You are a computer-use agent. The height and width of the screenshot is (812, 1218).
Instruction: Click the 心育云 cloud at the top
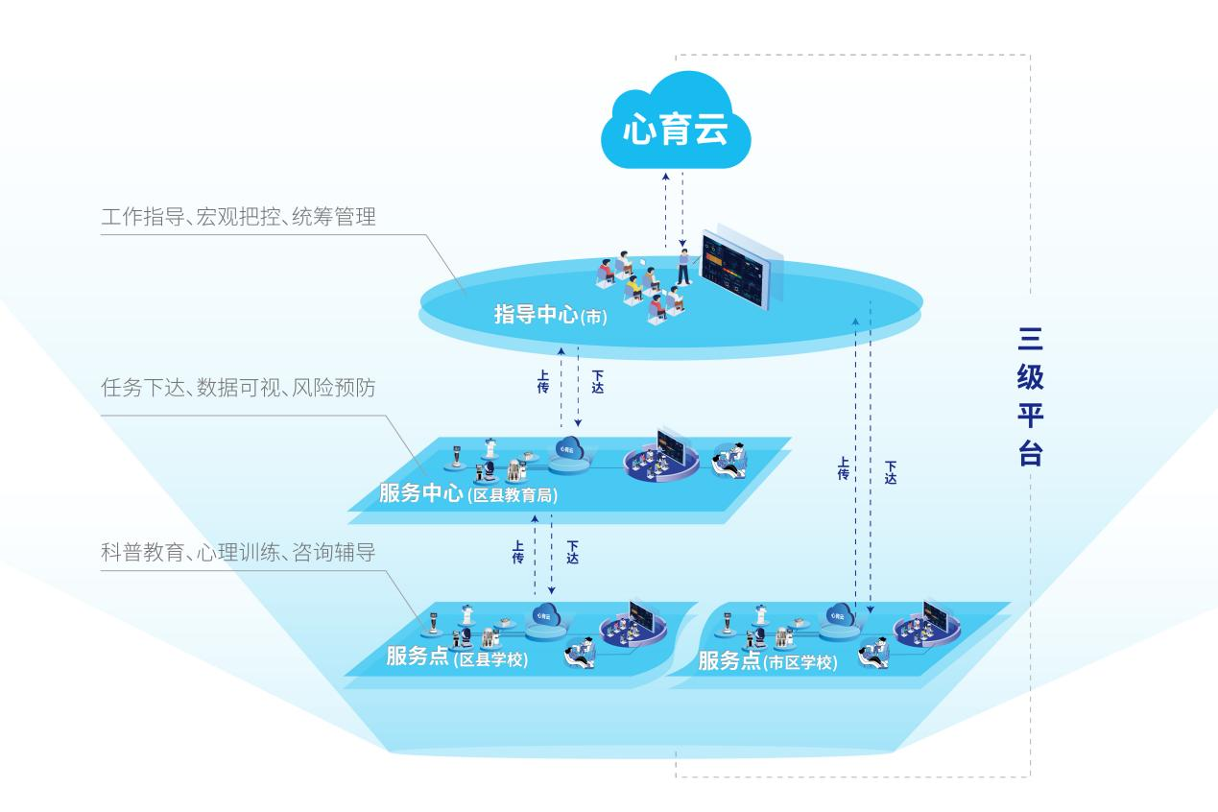(x=676, y=128)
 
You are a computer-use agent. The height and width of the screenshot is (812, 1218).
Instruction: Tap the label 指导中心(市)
(x=550, y=314)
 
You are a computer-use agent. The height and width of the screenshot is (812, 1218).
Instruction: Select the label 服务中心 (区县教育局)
(x=467, y=494)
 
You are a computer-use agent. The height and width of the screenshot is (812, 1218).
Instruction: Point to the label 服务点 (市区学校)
(x=767, y=661)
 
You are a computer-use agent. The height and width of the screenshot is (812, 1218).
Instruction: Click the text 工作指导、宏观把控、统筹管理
(x=238, y=217)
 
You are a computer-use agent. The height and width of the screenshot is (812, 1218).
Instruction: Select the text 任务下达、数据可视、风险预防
(x=238, y=389)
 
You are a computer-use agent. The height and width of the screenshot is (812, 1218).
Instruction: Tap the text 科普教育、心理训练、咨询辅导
(x=238, y=553)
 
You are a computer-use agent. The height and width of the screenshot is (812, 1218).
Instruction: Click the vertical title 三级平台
(x=1030, y=396)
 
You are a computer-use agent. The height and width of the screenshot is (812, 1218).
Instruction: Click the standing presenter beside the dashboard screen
(x=683, y=265)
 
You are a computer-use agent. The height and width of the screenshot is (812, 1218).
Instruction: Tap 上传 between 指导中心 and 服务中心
(x=543, y=382)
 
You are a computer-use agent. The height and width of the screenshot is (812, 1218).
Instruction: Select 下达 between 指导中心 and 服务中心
(x=597, y=382)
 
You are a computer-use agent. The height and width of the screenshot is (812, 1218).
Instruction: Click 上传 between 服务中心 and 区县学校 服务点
(x=518, y=552)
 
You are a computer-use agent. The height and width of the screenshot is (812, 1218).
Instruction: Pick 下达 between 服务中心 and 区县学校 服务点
(x=572, y=552)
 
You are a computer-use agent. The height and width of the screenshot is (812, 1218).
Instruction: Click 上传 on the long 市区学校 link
(x=843, y=467)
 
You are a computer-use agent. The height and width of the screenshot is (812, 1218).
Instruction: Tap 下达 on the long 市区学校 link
(x=891, y=471)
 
